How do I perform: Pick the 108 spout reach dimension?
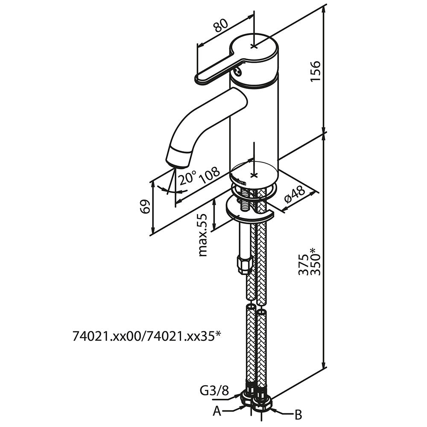(x=210, y=174)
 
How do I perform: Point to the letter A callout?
(x=217, y=411)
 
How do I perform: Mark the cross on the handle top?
(x=254, y=45)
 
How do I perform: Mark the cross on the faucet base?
(x=254, y=175)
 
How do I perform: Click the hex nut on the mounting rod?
(x=243, y=265)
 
